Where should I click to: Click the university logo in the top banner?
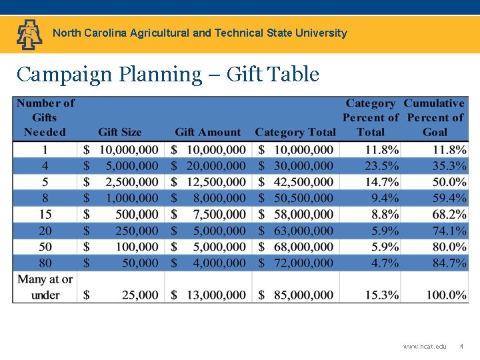coord(29,34)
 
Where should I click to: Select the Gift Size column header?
coord(120,132)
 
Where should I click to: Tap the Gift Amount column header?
coord(208,132)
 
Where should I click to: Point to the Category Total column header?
coord(295,132)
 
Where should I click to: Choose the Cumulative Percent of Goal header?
coord(434,117)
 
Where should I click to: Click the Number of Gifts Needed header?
coord(45,117)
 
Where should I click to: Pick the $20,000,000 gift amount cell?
coord(209,166)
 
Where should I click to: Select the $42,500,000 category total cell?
coord(296,182)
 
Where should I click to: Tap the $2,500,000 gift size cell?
coord(121,182)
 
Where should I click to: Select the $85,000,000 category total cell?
coord(296,295)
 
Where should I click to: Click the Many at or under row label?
coord(45,287)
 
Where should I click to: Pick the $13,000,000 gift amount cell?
coord(209,295)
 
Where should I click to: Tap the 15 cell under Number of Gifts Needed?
coord(45,215)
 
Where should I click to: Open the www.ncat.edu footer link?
coord(425,347)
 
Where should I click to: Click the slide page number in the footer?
coord(461,347)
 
